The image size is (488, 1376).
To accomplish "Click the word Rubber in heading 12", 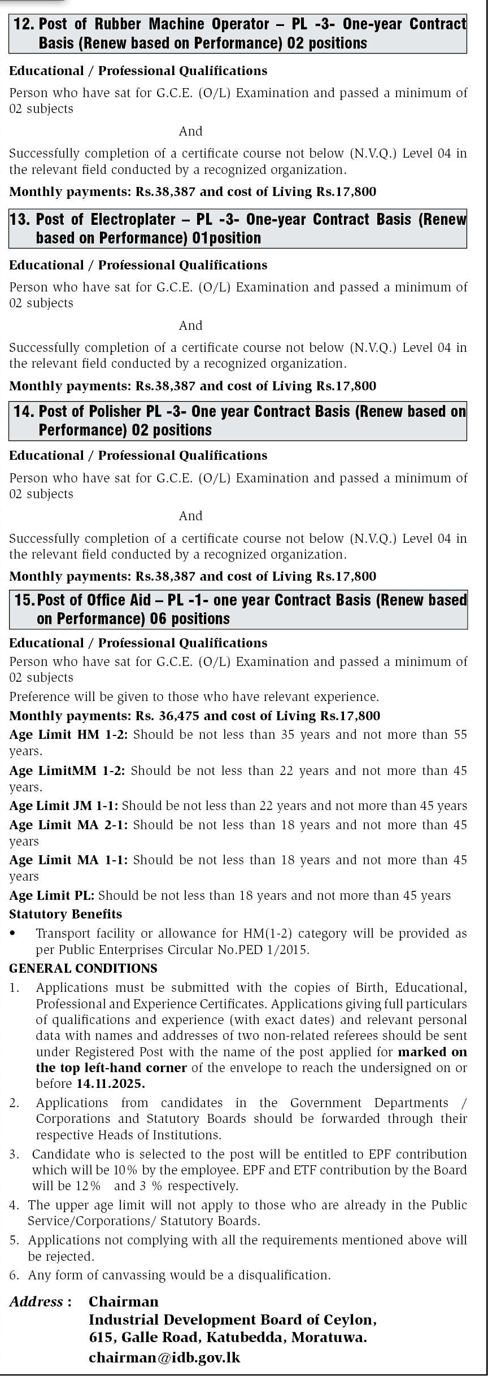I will (117, 24).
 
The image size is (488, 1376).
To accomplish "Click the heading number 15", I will (24, 600).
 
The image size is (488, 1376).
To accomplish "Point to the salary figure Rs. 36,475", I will (168, 716).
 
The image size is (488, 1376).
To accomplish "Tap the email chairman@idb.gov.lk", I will (164, 1357).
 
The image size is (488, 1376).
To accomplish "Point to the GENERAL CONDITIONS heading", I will (83, 968).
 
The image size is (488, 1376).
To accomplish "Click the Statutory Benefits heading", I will (66, 914).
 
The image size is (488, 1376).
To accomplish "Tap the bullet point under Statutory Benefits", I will (13, 934).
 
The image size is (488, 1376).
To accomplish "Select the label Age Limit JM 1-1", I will (63, 806).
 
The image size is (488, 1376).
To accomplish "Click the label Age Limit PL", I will (52, 895).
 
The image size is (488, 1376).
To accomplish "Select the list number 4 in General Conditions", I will (14, 1205).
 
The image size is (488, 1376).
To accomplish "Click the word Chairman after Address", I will (124, 1301).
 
